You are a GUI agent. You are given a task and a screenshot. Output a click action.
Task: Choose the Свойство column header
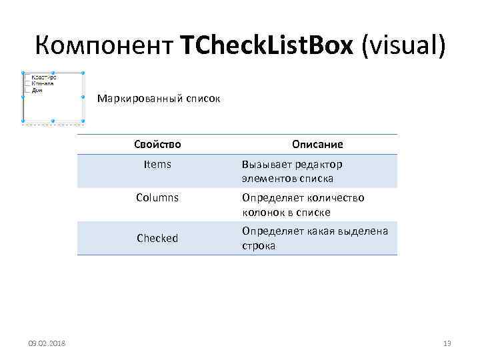157,144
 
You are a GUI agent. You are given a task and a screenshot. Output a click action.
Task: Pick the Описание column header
317,144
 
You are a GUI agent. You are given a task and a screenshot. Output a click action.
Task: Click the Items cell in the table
157,165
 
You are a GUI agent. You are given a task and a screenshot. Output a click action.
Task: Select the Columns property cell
157,198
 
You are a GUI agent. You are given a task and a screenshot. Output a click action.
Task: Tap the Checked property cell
157,238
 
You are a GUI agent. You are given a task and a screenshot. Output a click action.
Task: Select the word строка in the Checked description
259,245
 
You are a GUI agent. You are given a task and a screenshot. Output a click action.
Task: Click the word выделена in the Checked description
365,231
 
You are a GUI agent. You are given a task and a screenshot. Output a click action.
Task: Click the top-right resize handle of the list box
82,73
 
